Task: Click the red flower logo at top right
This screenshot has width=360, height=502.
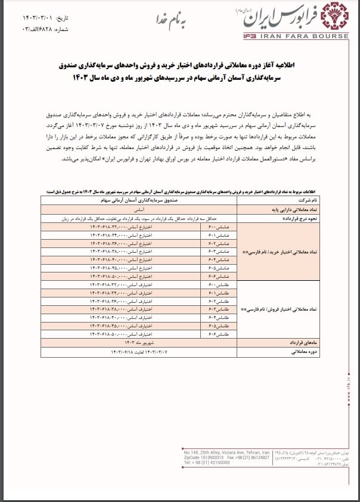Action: pyautogui.click(x=334, y=18)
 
